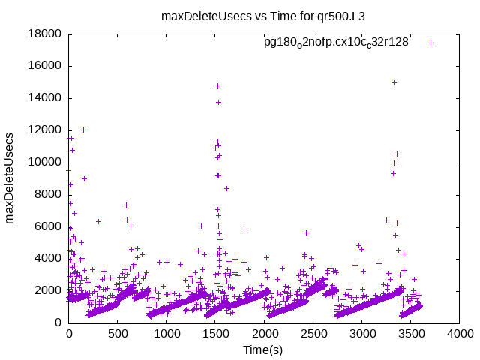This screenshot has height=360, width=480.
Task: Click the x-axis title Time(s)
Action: click(263, 349)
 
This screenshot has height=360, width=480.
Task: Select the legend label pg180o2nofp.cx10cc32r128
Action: click(336, 43)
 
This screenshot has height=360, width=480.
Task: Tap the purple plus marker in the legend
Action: click(430, 43)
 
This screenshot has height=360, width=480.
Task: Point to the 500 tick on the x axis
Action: click(118, 335)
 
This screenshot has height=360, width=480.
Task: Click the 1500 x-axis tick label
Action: click(215, 335)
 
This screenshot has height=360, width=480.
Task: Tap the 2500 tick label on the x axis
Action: click(313, 335)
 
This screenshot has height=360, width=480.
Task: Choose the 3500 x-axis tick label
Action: click(410, 335)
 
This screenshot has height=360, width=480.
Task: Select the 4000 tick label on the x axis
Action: click(459, 335)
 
